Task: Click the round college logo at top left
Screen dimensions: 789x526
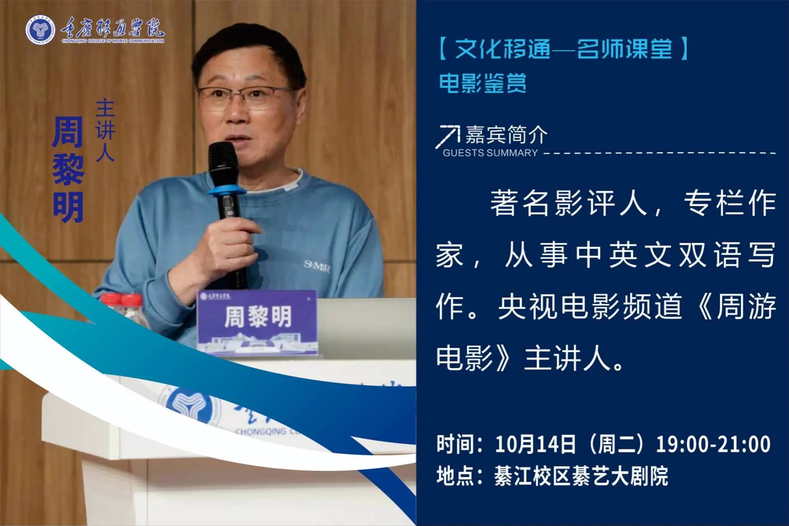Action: click(40, 30)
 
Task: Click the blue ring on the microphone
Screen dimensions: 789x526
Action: click(226, 190)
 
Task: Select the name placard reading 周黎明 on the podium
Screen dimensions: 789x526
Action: click(257, 322)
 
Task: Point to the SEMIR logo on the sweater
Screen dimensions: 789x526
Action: click(317, 266)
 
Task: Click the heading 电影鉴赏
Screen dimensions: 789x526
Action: click(483, 83)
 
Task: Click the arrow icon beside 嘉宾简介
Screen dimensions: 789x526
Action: click(448, 136)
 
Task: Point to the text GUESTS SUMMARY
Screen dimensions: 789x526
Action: click(490, 153)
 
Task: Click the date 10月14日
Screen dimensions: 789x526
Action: click(535, 444)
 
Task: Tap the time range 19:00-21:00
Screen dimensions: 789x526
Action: click(713, 444)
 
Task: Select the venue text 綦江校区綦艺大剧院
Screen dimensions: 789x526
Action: click(581, 476)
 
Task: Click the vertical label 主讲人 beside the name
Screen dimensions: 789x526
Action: click(105, 130)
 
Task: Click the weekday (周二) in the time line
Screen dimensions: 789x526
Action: click(616, 444)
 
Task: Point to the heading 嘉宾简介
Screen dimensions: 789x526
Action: click(506, 134)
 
